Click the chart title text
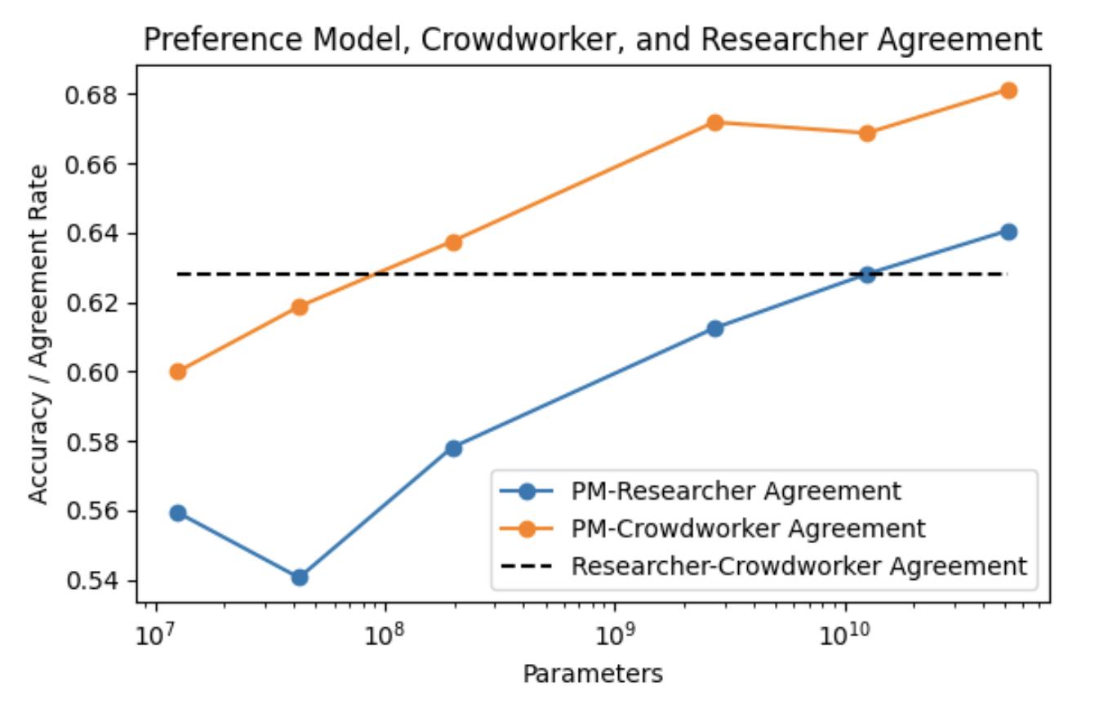(593, 39)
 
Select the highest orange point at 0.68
(1008, 91)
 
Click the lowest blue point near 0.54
(300, 577)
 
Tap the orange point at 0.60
(178, 372)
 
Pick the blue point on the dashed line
(867, 274)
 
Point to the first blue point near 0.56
(178, 513)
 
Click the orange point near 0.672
(715, 123)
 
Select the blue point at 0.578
(453, 448)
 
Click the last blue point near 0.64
(1008, 232)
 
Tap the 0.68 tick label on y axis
(92, 95)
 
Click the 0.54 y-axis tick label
(92, 581)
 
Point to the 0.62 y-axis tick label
(92, 304)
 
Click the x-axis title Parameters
(593, 675)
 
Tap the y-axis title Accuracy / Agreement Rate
(38, 335)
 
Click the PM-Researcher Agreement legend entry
(735, 492)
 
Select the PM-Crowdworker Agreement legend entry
(748, 528)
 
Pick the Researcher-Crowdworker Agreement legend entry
(799, 566)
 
